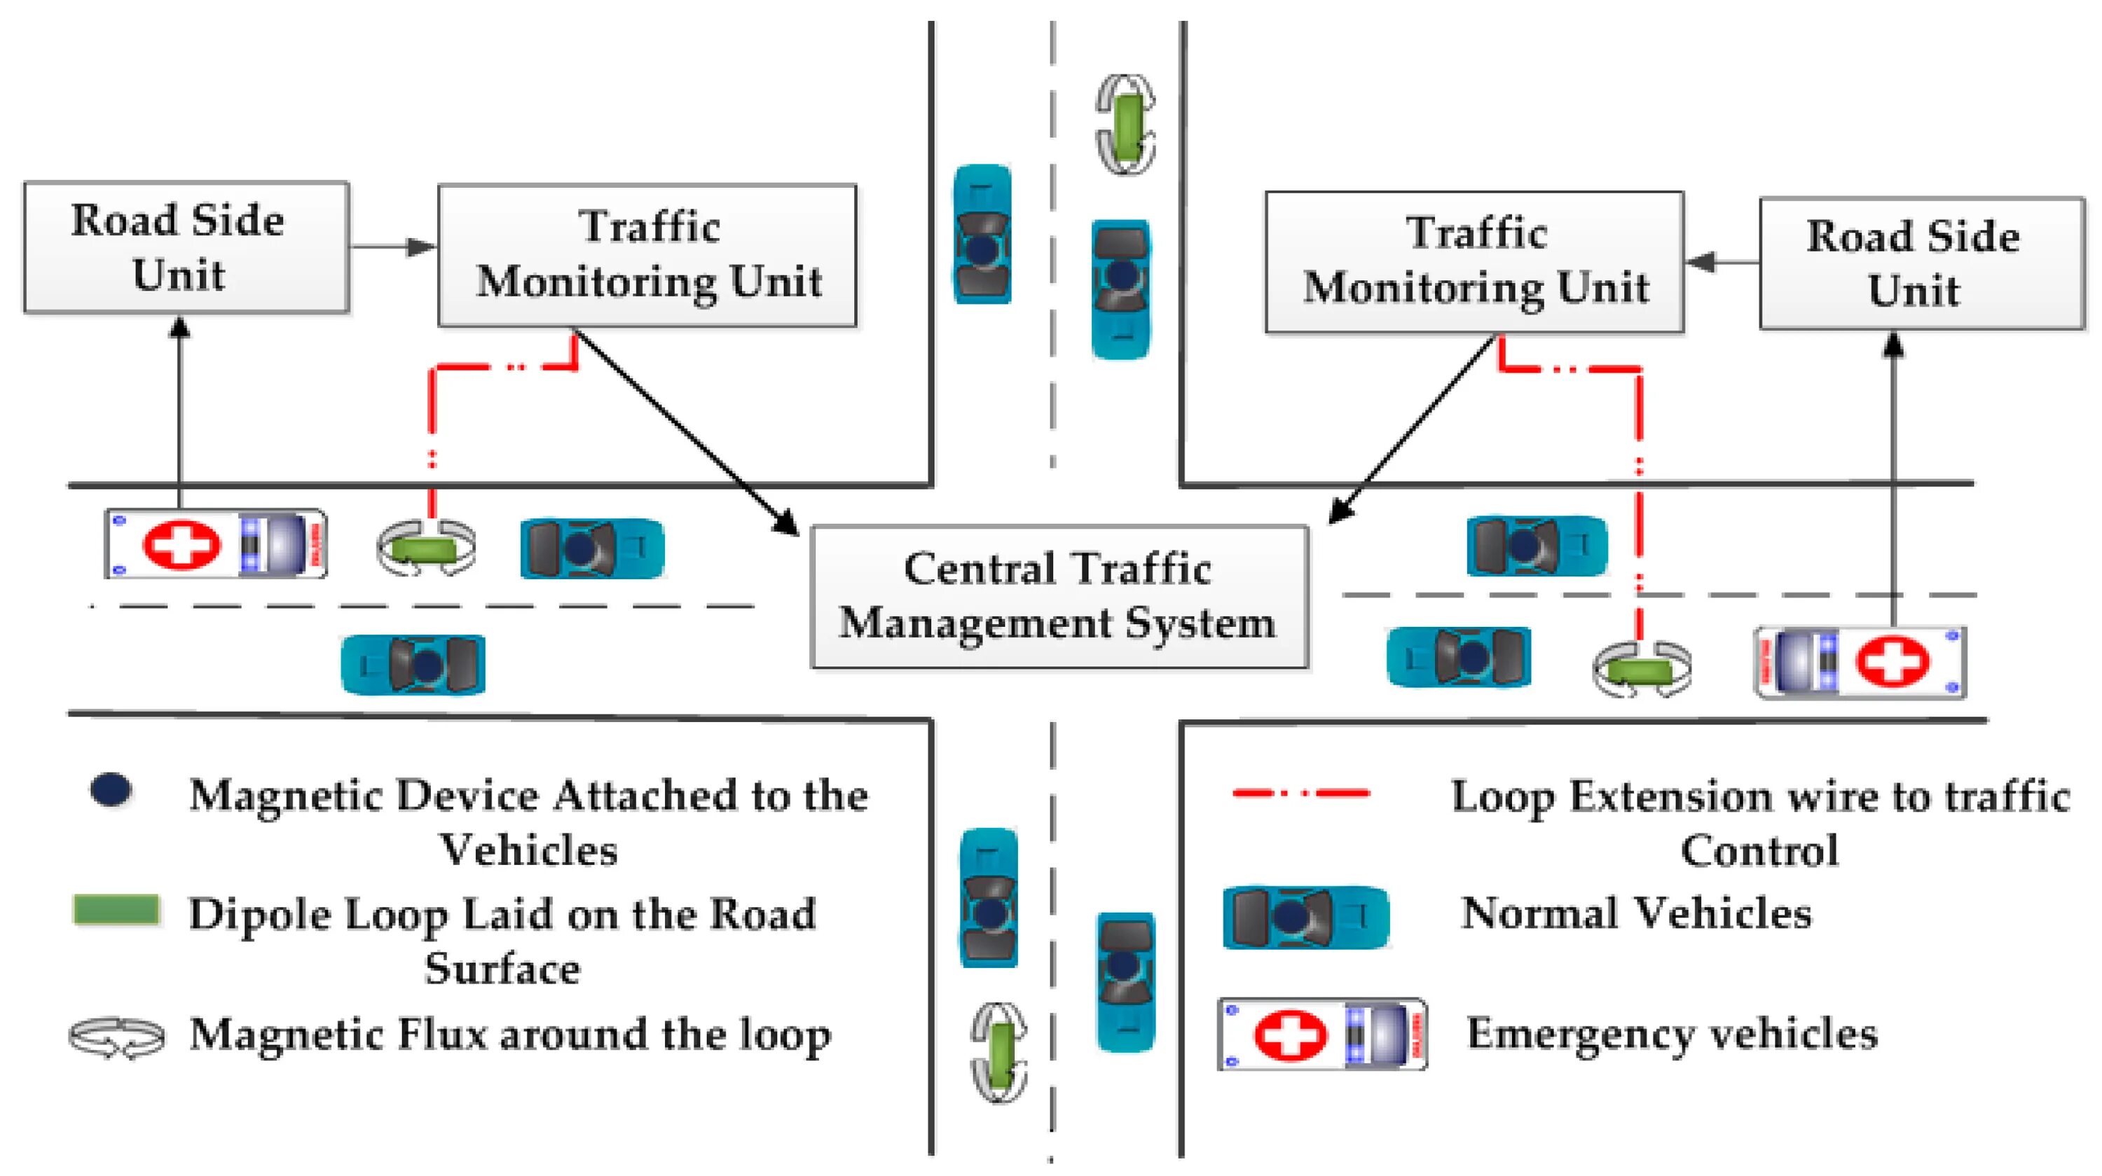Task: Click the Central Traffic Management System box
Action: pyautogui.click(x=1059, y=597)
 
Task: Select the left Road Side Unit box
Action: pyautogui.click(x=186, y=247)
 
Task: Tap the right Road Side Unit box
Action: pyautogui.click(x=1922, y=263)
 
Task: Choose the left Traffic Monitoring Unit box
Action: pyautogui.click(x=647, y=255)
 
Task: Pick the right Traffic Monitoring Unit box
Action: pyautogui.click(x=1474, y=262)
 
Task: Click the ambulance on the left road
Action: pyautogui.click(x=217, y=544)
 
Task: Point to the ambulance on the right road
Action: pyautogui.click(x=1860, y=661)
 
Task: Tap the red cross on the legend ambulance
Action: pyautogui.click(x=1289, y=1034)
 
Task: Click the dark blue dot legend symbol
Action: pyautogui.click(x=112, y=790)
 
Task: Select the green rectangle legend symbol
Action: pyautogui.click(x=116, y=910)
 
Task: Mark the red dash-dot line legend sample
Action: pyautogui.click(x=1300, y=792)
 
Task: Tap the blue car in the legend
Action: pyautogui.click(x=1305, y=918)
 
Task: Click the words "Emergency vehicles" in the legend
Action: pyautogui.click(x=1672, y=1033)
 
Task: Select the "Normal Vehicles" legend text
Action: pyautogui.click(x=1636, y=913)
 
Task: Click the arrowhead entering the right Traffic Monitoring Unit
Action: pyautogui.click(x=1700, y=262)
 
